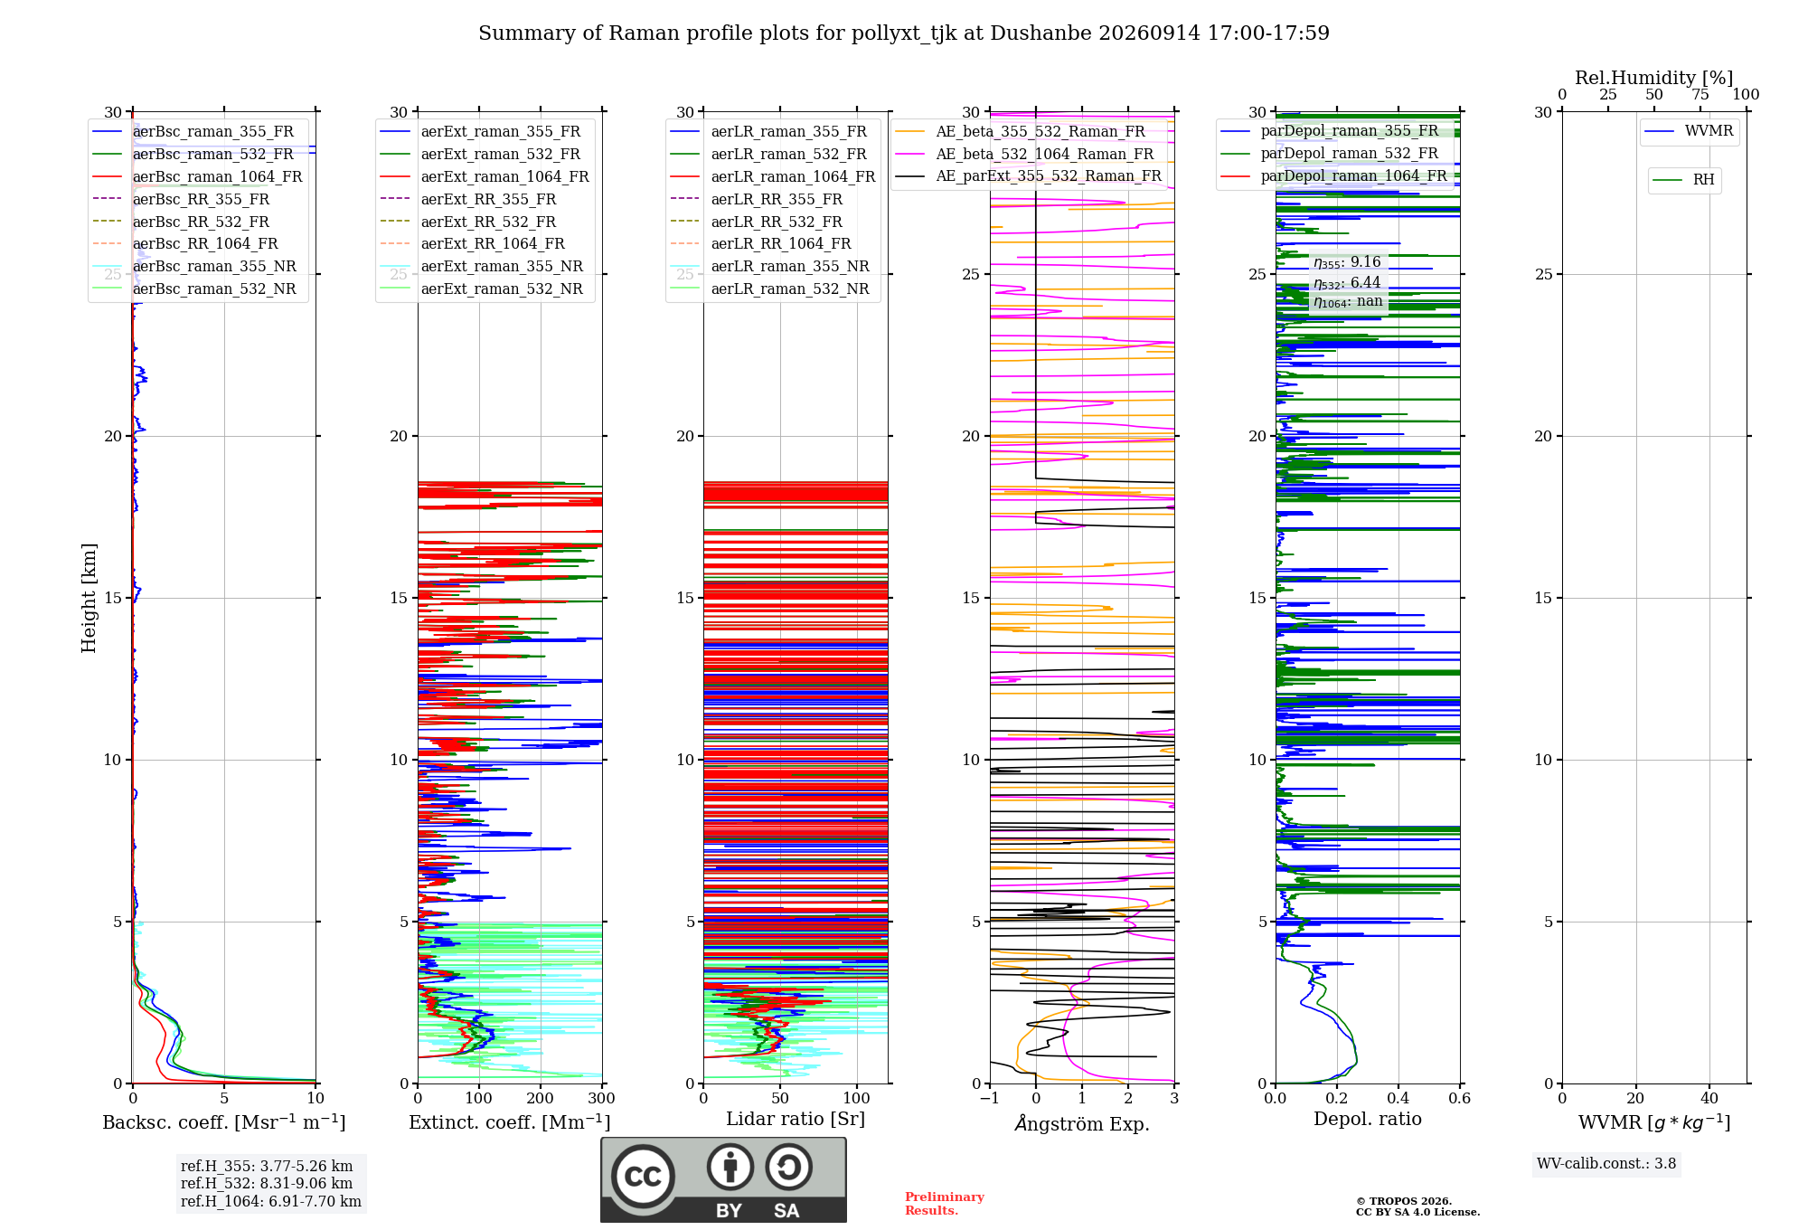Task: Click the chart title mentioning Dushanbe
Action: click(904, 33)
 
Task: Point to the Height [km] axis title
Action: click(89, 598)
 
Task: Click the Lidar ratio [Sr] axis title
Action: click(796, 1120)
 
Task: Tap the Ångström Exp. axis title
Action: click(1082, 1123)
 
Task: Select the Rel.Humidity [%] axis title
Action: click(1654, 78)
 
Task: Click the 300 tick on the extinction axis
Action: click(602, 1099)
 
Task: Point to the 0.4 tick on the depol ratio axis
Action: click(1398, 1099)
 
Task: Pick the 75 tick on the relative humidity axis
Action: click(1700, 95)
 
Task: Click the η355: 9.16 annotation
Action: click(1347, 262)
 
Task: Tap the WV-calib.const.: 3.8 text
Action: click(1606, 1164)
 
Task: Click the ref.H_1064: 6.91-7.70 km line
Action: click(271, 1202)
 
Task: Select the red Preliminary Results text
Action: click(945, 1204)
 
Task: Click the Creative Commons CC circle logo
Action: click(643, 1177)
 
